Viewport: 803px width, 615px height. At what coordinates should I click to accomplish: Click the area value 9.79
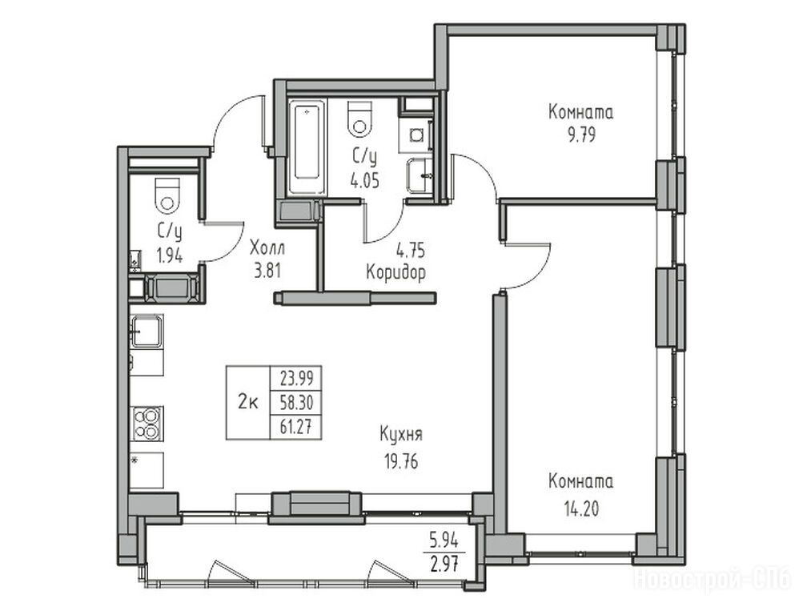(x=580, y=135)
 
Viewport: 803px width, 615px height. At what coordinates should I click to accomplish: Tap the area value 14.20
(x=580, y=509)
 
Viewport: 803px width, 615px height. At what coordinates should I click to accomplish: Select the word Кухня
(x=401, y=435)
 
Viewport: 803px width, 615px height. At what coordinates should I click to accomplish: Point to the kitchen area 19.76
(x=401, y=462)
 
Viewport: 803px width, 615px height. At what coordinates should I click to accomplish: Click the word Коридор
(x=395, y=272)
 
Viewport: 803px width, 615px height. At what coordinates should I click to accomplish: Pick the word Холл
(x=267, y=249)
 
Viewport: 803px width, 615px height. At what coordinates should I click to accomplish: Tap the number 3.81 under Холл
(x=267, y=270)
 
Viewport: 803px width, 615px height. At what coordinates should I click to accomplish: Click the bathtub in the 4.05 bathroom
(x=307, y=147)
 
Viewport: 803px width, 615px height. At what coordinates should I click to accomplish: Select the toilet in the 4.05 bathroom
(x=359, y=119)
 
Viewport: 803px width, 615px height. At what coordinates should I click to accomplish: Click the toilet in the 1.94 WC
(x=167, y=195)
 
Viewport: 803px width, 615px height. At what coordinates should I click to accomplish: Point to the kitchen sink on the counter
(x=147, y=331)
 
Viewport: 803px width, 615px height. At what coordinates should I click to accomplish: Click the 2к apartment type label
(x=248, y=403)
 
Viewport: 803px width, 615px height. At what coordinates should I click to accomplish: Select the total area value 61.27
(x=296, y=427)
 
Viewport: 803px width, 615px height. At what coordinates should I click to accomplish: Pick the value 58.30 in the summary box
(x=296, y=403)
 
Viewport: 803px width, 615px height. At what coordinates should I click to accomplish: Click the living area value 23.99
(x=296, y=380)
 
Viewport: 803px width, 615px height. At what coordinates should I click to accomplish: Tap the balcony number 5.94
(x=444, y=541)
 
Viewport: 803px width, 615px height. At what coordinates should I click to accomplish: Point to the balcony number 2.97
(x=444, y=564)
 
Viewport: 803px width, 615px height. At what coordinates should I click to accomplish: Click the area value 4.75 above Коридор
(x=411, y=251)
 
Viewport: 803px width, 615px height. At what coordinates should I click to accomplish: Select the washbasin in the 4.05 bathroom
(x=420, y=175)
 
